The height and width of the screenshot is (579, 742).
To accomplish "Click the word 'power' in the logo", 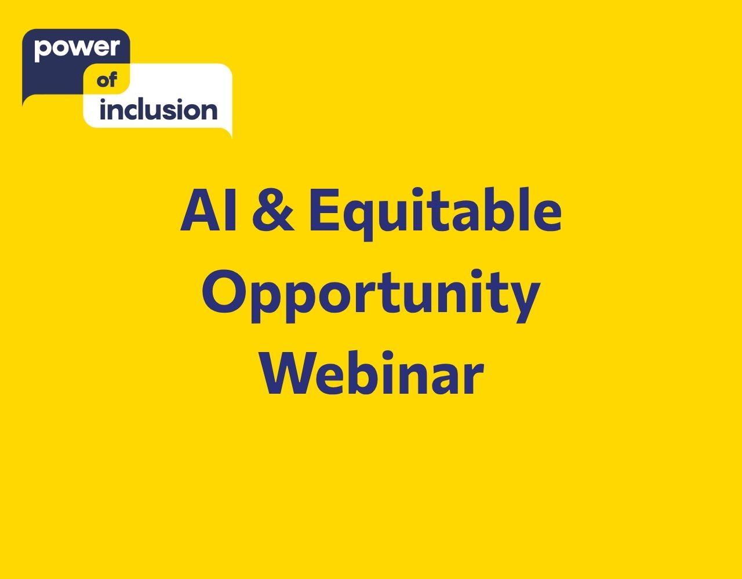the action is (77, 49).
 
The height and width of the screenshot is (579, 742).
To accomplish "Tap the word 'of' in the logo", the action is (107, 80).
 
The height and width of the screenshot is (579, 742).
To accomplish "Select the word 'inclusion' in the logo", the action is (158, 109).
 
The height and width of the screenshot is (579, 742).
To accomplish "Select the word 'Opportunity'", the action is (371, 296).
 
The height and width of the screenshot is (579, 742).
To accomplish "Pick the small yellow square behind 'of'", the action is (107, 79).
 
